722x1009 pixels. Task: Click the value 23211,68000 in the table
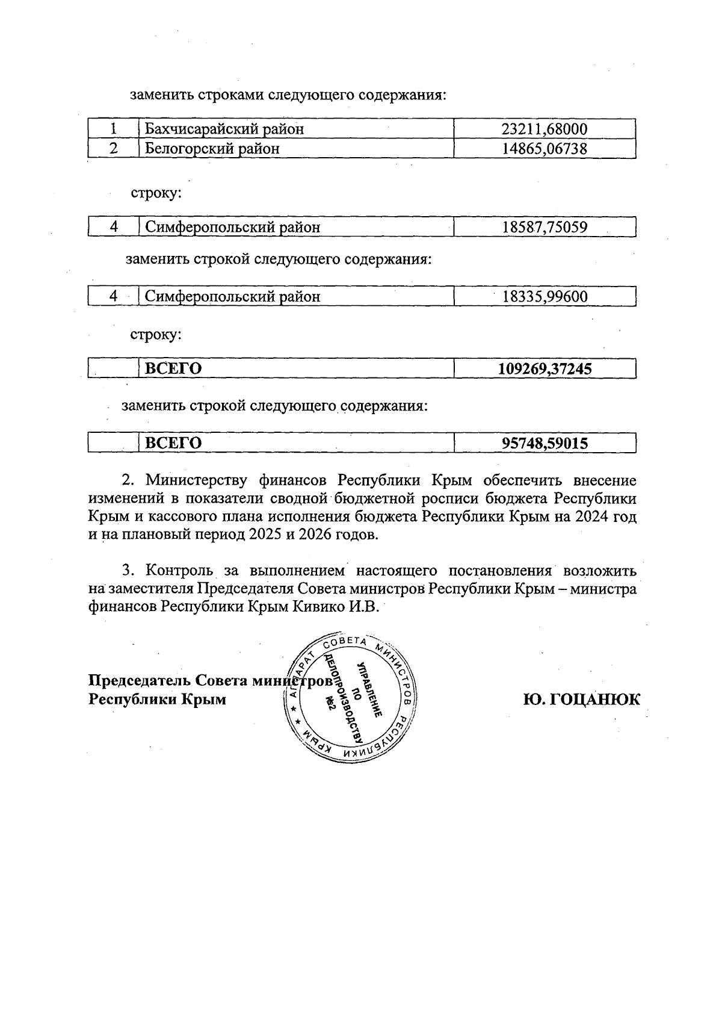pyautogui.click(x=545, y=129)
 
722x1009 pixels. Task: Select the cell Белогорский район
pyautogui.click(x=212, y=149)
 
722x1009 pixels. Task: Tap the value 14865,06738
pyautogui.click(x=545, y=149)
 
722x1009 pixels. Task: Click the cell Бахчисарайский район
pyautogui.click(x=224, y=129)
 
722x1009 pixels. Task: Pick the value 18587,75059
pyautogui.click(x=545, y=227)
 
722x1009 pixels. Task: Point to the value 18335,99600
pyautogui.click(x=545, y=296)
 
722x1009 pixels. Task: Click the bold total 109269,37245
pyautogui.click(x=545, y=368)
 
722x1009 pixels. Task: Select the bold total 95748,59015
pyautogui.click(x=545, y=444)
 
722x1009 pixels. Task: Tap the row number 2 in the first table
pyautogui.click(x=113, y=149)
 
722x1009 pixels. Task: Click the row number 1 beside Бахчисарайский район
pyautogui.click(x=113, y=129)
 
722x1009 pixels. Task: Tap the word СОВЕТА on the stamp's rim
pyautogui.click(x=346, y=643)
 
